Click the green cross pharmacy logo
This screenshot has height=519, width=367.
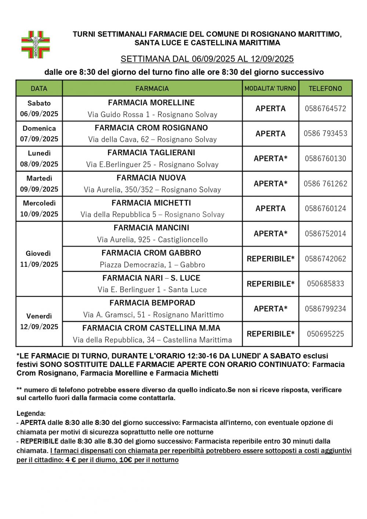[x=35, y=45]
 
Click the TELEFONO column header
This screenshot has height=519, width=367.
[x=325, y=88]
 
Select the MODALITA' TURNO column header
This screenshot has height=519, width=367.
[x=270, y=88]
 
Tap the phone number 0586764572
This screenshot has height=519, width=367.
[x=325, y=109]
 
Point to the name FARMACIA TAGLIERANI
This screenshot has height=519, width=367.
[x=151, y=153]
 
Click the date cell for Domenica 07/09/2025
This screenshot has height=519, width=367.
[x=39, y=134]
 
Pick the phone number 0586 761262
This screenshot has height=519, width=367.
[x=325, y=184]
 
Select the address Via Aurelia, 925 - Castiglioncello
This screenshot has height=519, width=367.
[x=152, y=240]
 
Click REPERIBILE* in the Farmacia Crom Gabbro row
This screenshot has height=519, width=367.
[x=270, y=259]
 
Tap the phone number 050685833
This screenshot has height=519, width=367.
[x=325, y=284]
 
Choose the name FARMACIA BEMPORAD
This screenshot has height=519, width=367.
[x=152, y=303]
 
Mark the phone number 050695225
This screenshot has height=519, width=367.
[x=325, y=334]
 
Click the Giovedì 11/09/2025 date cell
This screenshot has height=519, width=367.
[x=39, y=259]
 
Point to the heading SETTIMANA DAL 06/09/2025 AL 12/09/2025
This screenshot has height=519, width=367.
[x=207, y=59]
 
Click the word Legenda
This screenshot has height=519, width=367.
[x=31, y=414]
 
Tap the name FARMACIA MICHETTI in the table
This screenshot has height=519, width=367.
[x=151, y=203]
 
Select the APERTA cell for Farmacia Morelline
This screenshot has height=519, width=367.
[x=270, y=109]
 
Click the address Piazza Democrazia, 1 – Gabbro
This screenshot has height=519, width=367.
[x=152, y=265]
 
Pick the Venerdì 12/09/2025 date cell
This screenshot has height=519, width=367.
[x=39, y=322]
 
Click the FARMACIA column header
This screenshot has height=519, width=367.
[x=152, y=88]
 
